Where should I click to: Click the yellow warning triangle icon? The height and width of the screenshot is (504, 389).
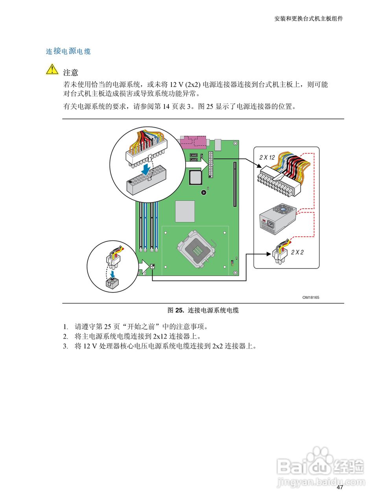click(x=52, y=69)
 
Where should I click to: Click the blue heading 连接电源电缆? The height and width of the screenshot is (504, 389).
click(x=68, y=51)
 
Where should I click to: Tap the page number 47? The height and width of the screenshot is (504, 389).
click(x=340, y=487)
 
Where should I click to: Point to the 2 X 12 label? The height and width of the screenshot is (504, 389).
click(x=267, y=157)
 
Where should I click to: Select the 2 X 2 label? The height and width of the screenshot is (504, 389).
click(x=297, y=252)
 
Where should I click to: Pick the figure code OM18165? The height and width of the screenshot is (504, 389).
click(x=311, y=298)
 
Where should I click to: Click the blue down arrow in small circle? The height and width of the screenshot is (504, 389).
click(x=113, y=273)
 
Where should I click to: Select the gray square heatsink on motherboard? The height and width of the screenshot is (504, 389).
click(x=185, y=211)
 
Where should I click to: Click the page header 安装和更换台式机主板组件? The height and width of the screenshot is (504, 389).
click(x=308, y=19)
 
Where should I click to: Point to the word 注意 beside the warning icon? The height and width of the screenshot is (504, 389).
click(x=71, y=72)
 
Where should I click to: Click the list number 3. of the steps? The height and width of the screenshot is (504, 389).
click(x=66, y=346)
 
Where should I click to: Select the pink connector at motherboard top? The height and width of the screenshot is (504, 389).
click(x=194, y=142)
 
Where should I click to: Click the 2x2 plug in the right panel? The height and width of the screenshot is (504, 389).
click(x=280, y=256)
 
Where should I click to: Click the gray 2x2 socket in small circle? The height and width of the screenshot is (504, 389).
click(x=112, y=284)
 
